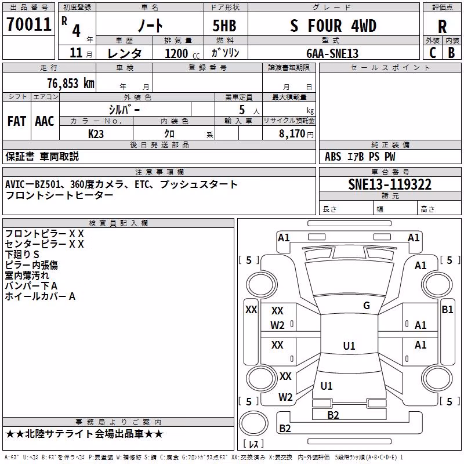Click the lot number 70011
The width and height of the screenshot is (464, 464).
[28, 24]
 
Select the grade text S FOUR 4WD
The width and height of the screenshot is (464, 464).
[333, 26]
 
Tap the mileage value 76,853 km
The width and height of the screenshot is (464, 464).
[71, 84]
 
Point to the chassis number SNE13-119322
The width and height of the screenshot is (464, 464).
[390, 184]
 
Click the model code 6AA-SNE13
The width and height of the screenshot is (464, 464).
[332, 53]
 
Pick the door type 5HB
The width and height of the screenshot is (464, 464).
[224, 26]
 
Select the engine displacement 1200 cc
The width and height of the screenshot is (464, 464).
[182, 53]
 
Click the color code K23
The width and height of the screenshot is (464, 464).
[96, 134]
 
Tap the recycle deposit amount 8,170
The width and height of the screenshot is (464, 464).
[292, 134]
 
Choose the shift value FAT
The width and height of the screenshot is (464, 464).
[17, 121]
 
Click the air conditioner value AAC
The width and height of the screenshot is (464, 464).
[45, 121]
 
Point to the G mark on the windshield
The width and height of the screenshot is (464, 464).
[367, 305]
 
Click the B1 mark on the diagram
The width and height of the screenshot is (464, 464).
[447, 310]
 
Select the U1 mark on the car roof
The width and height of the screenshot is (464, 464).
[349, 346]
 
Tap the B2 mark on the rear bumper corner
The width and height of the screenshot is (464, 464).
[285, 428]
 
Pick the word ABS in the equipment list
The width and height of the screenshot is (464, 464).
[333, 157]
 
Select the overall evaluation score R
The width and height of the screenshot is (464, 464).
[442, 27]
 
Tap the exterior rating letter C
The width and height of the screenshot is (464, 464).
[433, 53]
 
